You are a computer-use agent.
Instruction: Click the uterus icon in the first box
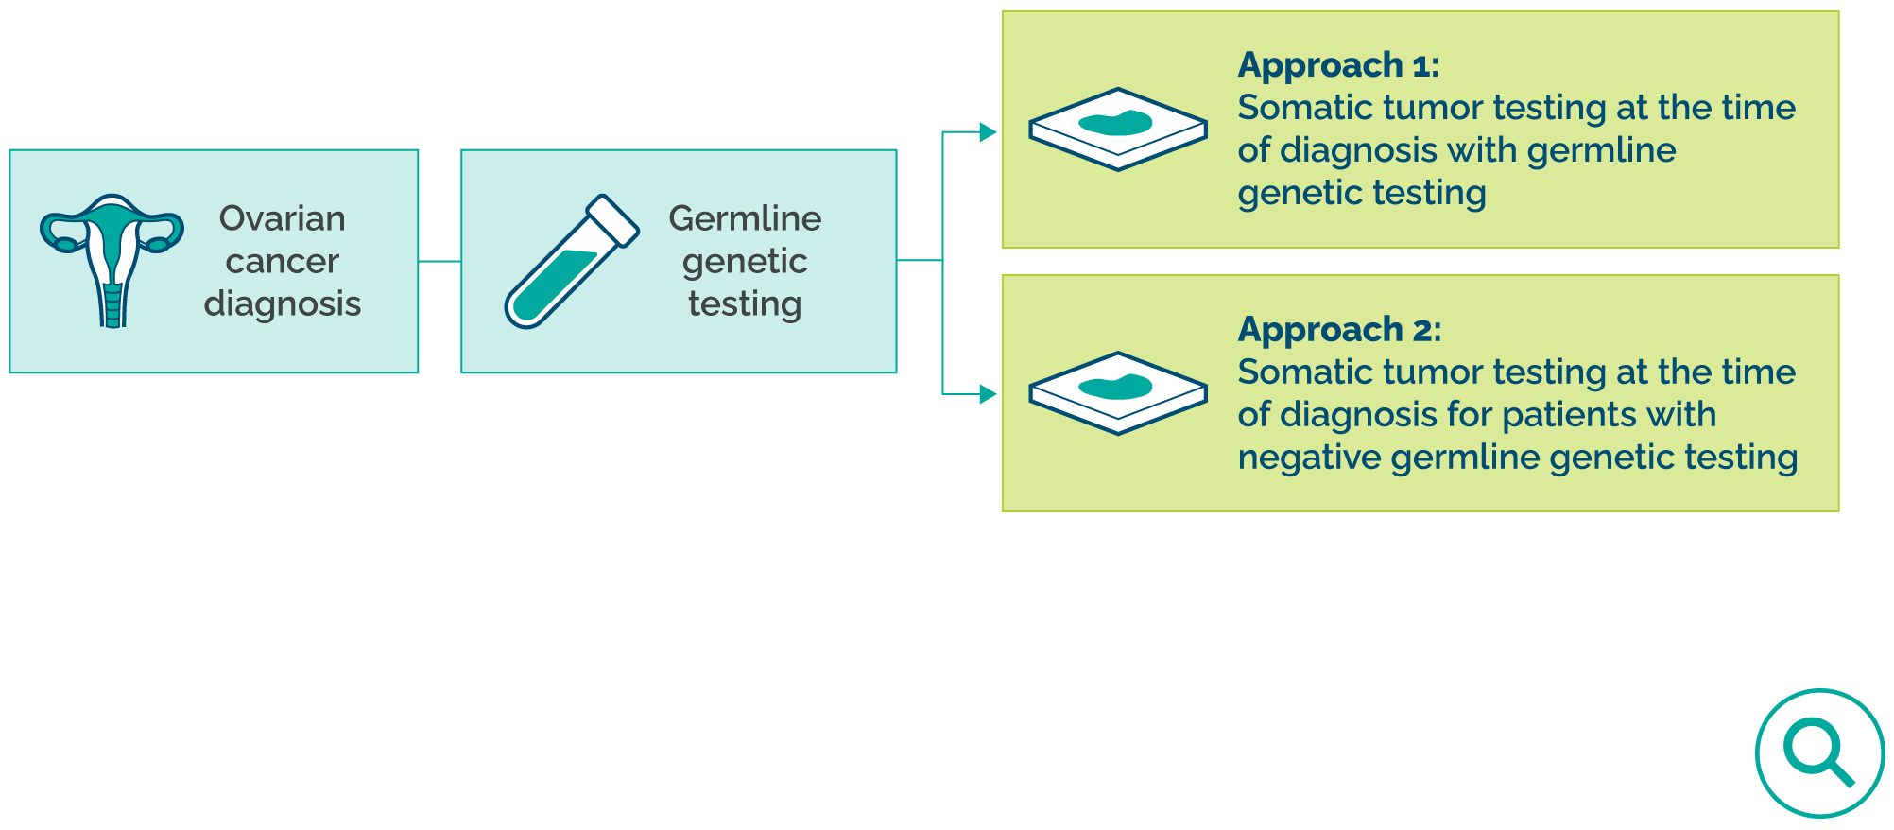click(x=112, y=260)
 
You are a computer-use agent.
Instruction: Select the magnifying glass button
click(x=1819, y=752)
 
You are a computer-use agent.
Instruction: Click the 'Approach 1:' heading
click(x=1338, y=65)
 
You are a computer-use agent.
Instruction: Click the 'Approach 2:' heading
click(x=1339, y=330)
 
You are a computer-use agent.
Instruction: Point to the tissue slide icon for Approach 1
click(x=1118, y=129)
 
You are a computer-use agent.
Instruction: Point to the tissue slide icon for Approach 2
click(x=1118, y=392)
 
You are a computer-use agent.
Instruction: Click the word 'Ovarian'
click(x=282, y=218)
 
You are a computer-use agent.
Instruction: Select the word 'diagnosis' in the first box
click(x=282, y=303)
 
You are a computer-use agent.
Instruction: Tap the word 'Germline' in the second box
click(x=745, y=218)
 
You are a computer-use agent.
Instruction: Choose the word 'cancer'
click(x=282, y=261)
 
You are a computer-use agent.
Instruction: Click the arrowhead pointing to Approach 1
click(x=988, y=132)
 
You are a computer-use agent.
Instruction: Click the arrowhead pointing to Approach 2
click(x=988, y=394)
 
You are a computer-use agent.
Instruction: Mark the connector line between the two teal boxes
click(x=439, y=261)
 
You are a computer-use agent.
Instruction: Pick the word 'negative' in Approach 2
click(x=1309, y=458)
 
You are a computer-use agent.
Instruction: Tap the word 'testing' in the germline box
click(x=745, y=304)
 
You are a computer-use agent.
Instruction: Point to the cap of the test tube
click(x=613, y=221)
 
